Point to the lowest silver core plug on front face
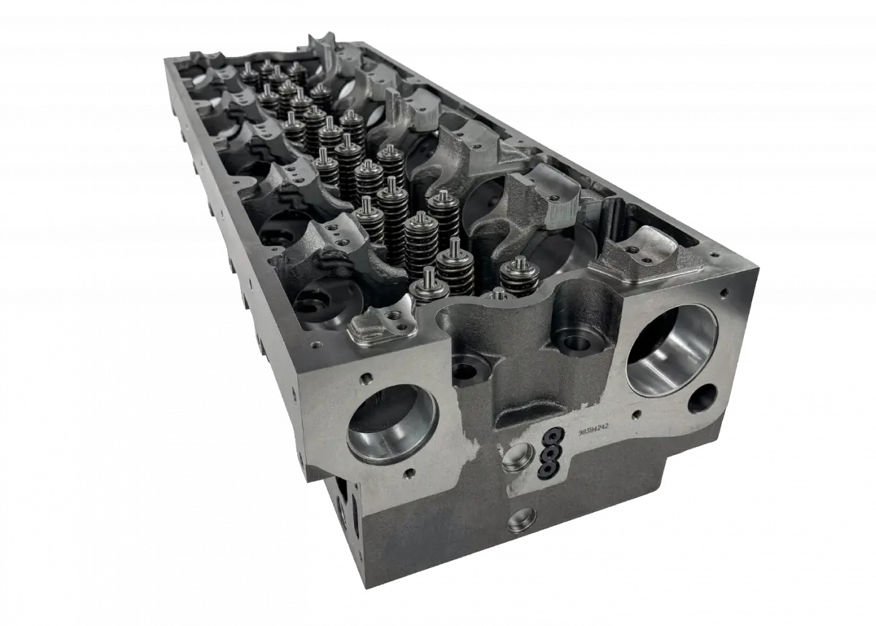pyautogui.click(x=522, y=519)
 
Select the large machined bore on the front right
pyautogui.click(x=672, y=350)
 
